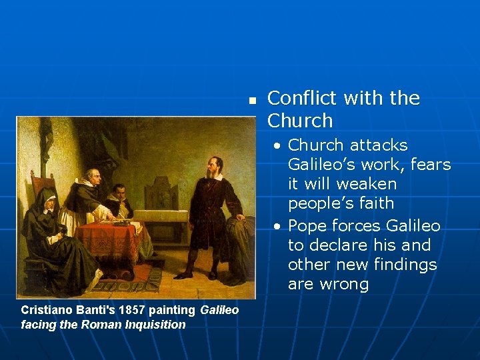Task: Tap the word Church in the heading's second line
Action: [299, 121]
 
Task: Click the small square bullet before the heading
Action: [252, 101]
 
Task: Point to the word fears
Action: [431, 165]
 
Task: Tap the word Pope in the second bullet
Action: [307, 226]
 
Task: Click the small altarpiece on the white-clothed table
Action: [161, 193]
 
